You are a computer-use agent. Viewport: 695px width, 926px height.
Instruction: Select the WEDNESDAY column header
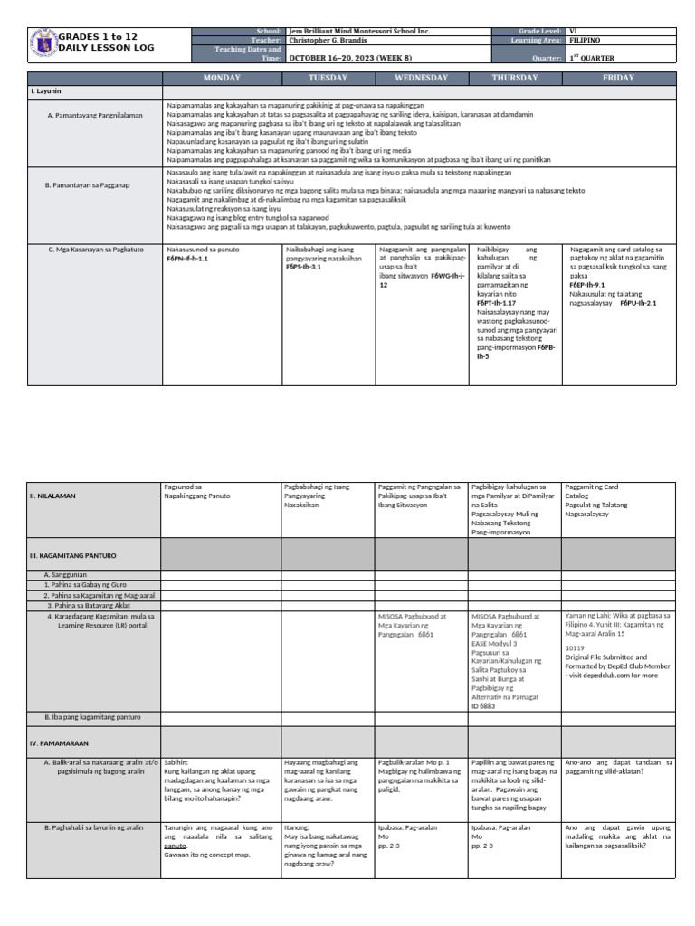pyautogui.click(x=421, y=78)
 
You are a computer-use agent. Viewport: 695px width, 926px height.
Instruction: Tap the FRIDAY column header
pyautogui.click(x=619, y=78)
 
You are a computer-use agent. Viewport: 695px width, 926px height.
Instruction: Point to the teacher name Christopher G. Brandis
pyautogui.click(x=336, y=41)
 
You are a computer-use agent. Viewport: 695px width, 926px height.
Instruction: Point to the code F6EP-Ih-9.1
pyautogui.click(x=588, y=284)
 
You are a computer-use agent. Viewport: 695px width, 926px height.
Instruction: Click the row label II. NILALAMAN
pyautogui.click(x=53, y=496)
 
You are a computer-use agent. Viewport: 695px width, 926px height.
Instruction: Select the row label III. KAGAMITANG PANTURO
pyautogui.click(x=73, y=554)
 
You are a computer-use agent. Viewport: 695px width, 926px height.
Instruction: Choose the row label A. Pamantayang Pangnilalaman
pyautogui.click(x=95, y=116)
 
